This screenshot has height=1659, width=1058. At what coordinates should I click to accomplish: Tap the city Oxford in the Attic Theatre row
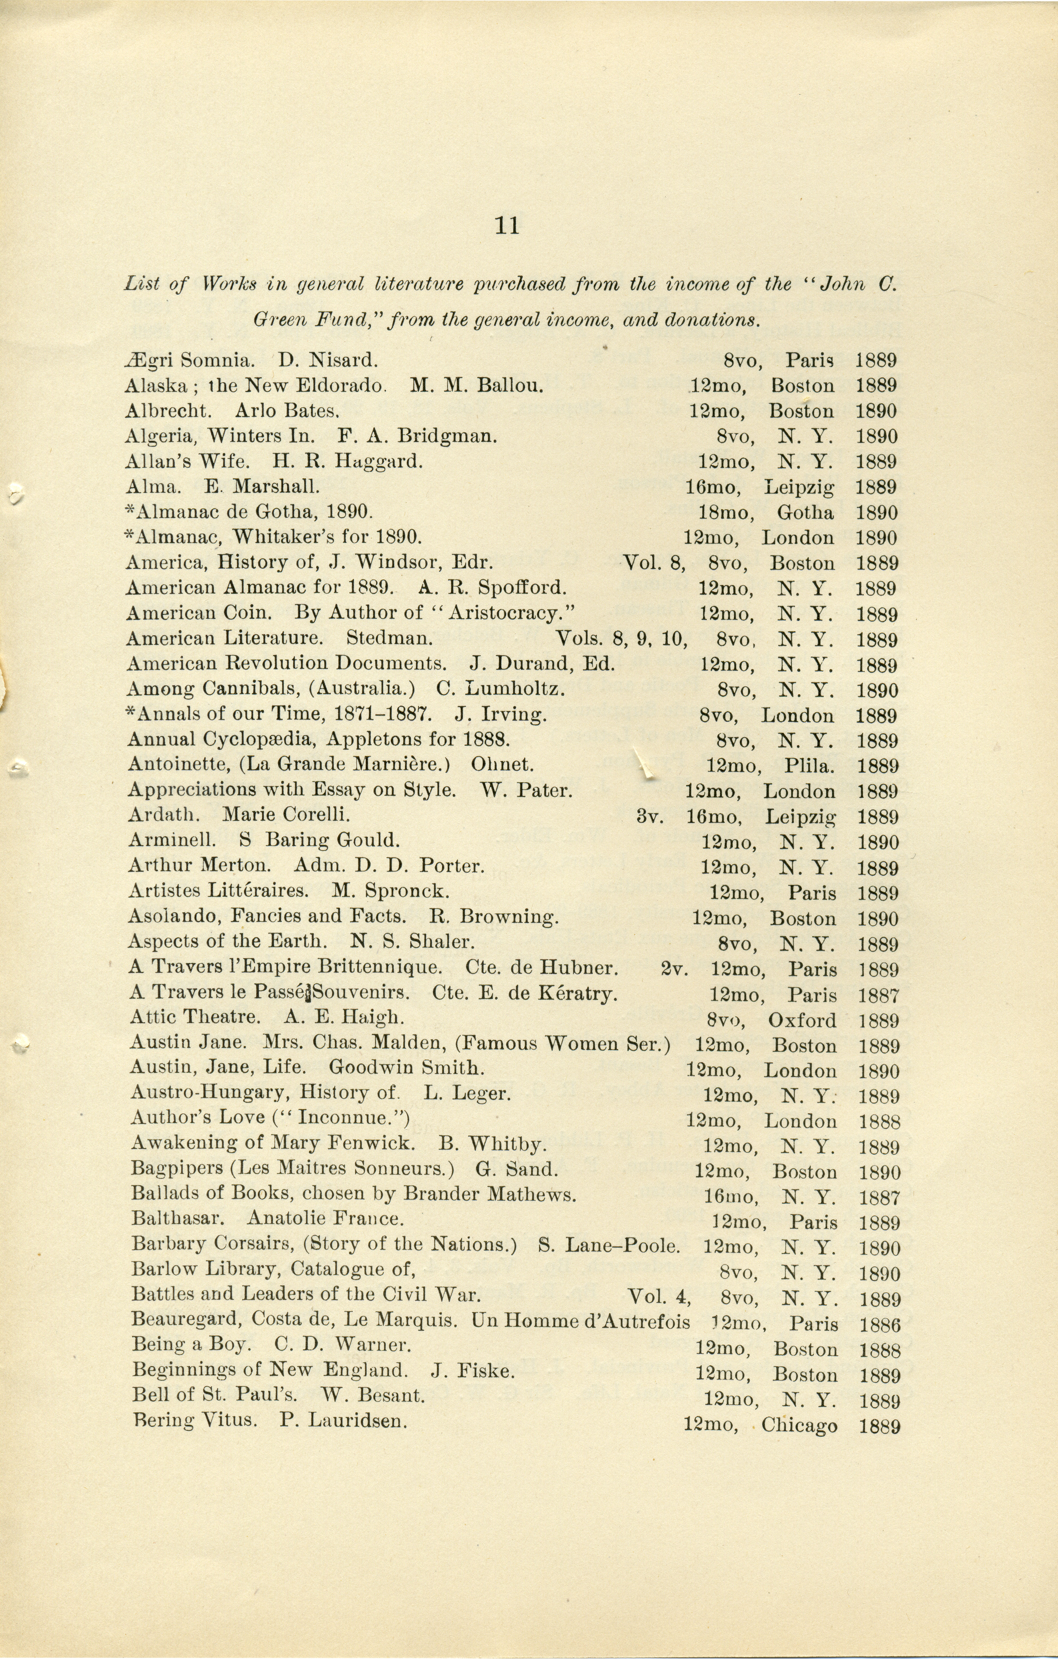(x=802, y=1020)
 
